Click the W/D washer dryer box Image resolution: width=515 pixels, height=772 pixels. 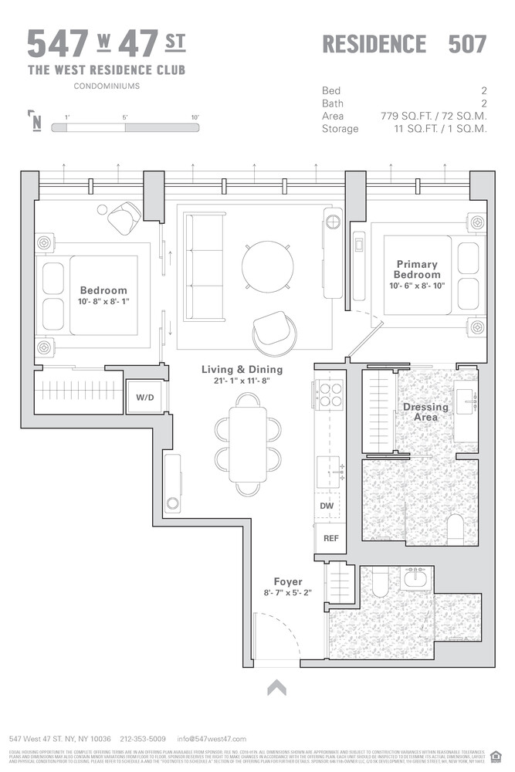click(144, 398)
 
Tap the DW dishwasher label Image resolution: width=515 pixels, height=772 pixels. click(326, 506)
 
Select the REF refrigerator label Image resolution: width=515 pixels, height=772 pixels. click(330, 538)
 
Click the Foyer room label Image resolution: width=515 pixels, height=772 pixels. click(288, 581)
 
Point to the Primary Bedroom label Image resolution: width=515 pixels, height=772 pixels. click(417, 269)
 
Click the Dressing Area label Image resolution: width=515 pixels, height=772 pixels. click(425, 411)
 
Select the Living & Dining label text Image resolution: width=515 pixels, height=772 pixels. click(242, 370)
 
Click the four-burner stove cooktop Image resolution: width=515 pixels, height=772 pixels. click(330, 395)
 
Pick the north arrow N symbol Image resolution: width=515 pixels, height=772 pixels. click(36, 122)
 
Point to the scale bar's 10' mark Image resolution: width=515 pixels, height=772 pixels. click(195, 117)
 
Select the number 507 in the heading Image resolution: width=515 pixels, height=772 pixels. click(467, 44)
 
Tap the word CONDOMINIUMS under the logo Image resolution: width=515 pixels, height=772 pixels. click(107, 86)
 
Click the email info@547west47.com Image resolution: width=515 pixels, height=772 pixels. click(212, 739)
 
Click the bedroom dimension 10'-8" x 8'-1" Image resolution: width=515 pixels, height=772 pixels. click(103, 302)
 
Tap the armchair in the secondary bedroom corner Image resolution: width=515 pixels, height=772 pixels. click(124, 218)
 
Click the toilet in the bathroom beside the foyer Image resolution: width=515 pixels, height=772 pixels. click(379, 585)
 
